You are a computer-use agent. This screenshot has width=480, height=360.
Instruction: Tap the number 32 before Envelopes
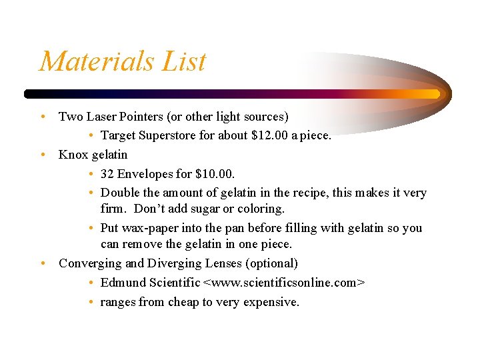click(107, 174)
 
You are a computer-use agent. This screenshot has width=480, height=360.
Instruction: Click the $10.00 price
click(216, 174)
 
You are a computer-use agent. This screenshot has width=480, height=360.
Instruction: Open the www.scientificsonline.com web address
click(284, 283)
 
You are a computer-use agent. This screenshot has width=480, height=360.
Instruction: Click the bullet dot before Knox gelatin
click(43, 155)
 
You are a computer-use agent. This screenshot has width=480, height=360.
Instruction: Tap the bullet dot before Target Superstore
click(91, 135)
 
